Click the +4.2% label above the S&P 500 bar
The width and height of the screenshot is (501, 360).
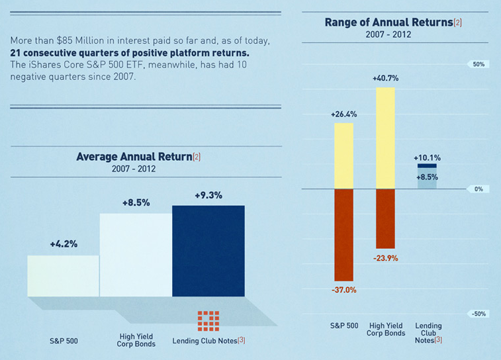[64, 244]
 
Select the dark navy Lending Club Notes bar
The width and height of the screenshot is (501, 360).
[208, 251]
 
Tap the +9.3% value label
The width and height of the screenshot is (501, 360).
[208, 195]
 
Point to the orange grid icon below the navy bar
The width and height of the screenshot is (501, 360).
[208, 320]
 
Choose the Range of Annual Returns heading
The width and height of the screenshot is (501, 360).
[389, 22]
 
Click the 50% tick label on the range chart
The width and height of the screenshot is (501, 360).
[478, 65]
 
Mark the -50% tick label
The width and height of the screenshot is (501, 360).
[478, 314]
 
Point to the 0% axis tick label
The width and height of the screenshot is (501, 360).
[478, 189]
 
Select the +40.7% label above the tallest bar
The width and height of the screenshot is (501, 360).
[385, 78]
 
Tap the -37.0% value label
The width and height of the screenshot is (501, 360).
[343, 290]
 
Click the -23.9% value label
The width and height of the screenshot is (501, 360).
[385, 258]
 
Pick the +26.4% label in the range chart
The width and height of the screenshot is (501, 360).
[343, 114]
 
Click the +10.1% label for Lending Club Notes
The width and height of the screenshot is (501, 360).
[427, 158]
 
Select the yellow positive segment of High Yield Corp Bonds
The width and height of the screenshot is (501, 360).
[385, 138]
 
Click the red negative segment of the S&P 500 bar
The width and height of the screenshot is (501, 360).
[343, 235]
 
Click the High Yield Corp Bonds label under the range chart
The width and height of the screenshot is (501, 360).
[386, 329]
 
